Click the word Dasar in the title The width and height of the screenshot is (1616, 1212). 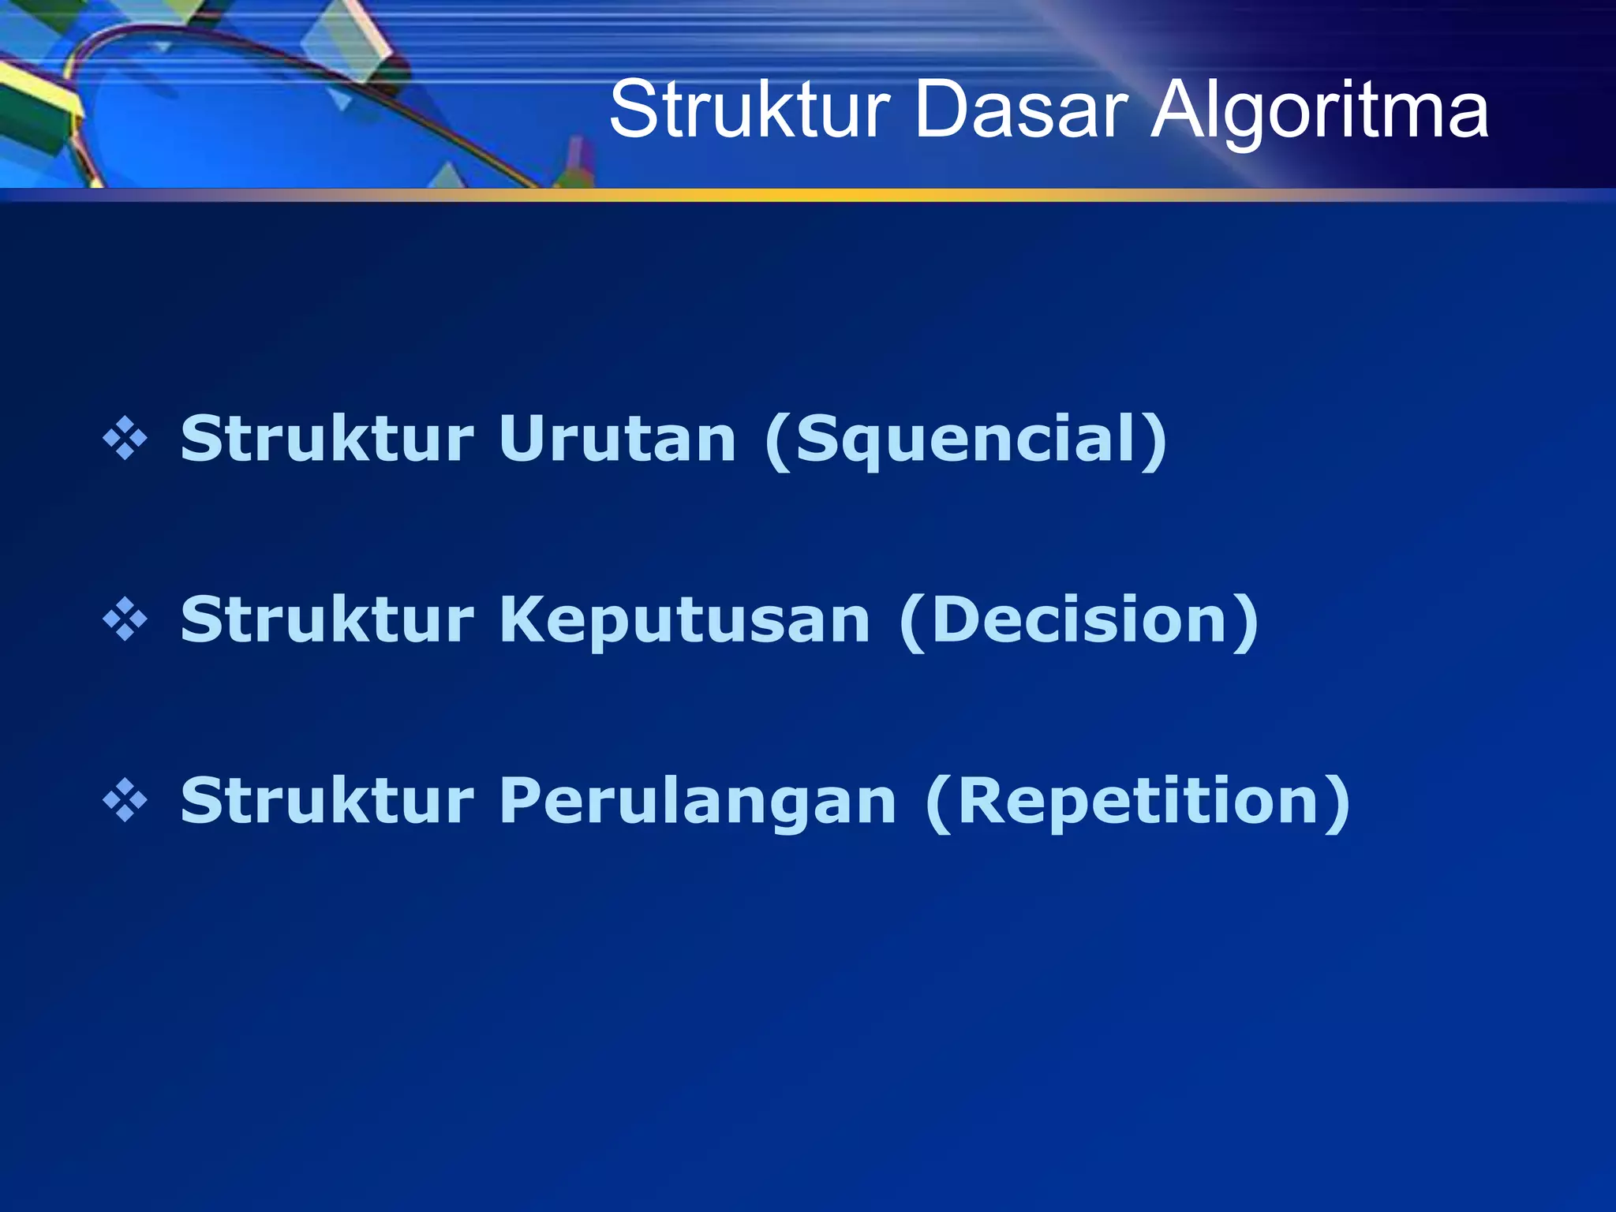pos(1029,110)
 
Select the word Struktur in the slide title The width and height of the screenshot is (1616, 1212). pos(750,110)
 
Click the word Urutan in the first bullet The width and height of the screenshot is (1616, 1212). pos(617,439)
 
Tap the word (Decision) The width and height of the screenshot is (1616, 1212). pos(1079,620)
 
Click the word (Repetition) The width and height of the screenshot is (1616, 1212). pos(1137,802)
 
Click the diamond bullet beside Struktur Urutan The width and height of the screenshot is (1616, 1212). pos(125,440)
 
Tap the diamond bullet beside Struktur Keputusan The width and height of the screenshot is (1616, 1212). pos(125,620)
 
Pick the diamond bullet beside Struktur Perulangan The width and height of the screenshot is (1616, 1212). pos(125,802)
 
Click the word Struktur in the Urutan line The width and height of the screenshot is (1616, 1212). pos(327,439)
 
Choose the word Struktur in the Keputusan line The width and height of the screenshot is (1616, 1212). pos(327,620)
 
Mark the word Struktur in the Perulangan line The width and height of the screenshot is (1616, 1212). pos(327,802)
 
